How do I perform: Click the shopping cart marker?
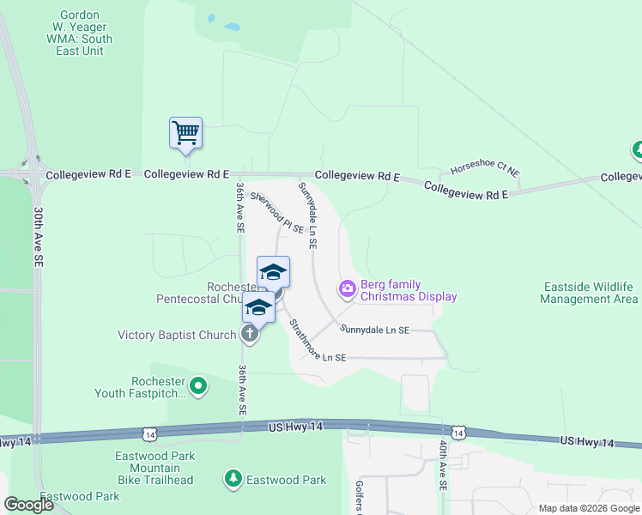pyautogui.click(x=185, y=134)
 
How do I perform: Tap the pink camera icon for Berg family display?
pyautogui.click(x=348, y=289)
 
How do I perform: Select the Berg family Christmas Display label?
pyautogui.click(x=408, y=290)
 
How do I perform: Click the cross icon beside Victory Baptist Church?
pyautogui.click(x=250, y=334)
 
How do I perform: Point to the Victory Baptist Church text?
pyautogui.click(x=177, y=335)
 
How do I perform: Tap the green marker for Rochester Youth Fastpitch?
pyautogui.click(x=199, y=386)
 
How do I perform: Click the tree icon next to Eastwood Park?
pyautogui.click(x=233, y=478)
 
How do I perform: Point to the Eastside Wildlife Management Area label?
pyautogui.click(x=589, y=293)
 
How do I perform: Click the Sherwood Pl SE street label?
pyautogui.click(x=277, y=212)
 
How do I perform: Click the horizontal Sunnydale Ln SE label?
pyautogui.click(x=374, y=330)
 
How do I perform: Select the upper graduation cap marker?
pyautogui.click(x=273, y=272)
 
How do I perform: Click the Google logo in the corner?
pyautogui.click(x=29, y=504)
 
